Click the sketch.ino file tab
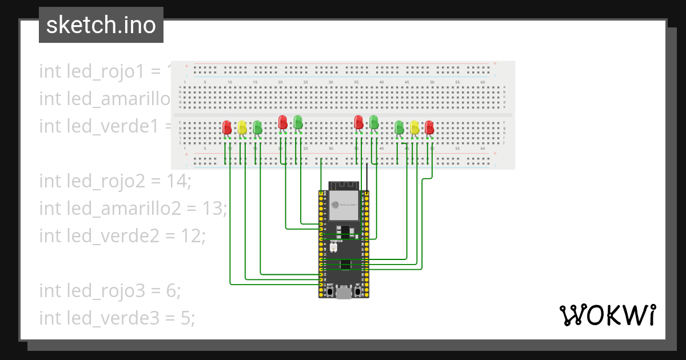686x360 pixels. click(x=101, y=25)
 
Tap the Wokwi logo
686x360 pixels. click(x=607, y=315)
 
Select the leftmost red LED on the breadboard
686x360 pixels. click(x=227, y=127)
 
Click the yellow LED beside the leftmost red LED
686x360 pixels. click(x=242, y=127)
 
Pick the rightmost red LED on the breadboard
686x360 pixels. click(x=429, y=127)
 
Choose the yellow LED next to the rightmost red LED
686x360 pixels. click(x=414, y=127)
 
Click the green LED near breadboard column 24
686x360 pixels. click(x=298, y=122)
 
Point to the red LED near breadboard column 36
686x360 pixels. click(x=358, y=122)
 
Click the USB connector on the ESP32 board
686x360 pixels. click(x=344, y=294)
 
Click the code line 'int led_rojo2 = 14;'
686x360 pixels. click(x=115, y=181)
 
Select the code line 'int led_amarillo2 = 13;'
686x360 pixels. click(x=133, y=209)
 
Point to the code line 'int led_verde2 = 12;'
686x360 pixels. click(x=122, y=235)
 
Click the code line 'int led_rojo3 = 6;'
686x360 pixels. click(x=110, y=291)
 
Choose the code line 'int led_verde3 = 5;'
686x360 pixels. click(x=117, y=318)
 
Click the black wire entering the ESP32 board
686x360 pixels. click(x=367, y=177)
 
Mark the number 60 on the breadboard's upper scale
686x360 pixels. click(x=482, y=83)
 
